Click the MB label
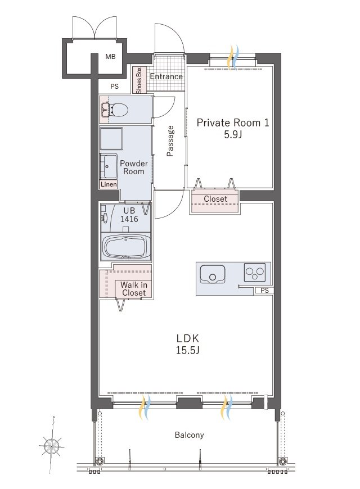tap(110, 57)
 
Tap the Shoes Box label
tap(138, 80)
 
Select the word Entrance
tap(166, 76)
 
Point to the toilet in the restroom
tap(115, 110)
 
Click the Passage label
tap(170, 141)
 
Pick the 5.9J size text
tap(233, 135)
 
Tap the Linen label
tap(109, 184)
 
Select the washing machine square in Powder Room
tap(111, 138)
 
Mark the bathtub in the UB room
tap(126, 247)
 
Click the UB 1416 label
tap(129, 215)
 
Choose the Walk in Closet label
tap(134, 289)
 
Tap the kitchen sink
tap(212, 274)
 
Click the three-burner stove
tap(255, 273)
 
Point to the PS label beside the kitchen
tap(264, 291)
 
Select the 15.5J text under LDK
tap(187, 351)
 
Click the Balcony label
tap(189, 435)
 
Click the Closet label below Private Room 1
tap(215, 198)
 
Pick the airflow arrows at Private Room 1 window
tap(233, 58)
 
